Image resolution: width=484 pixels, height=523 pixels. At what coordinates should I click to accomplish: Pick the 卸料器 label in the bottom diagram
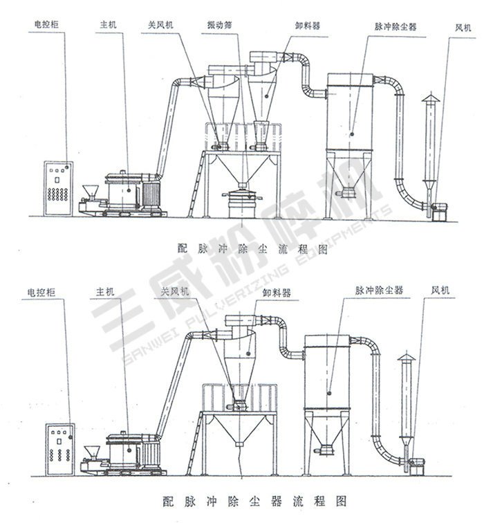(276, 293)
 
